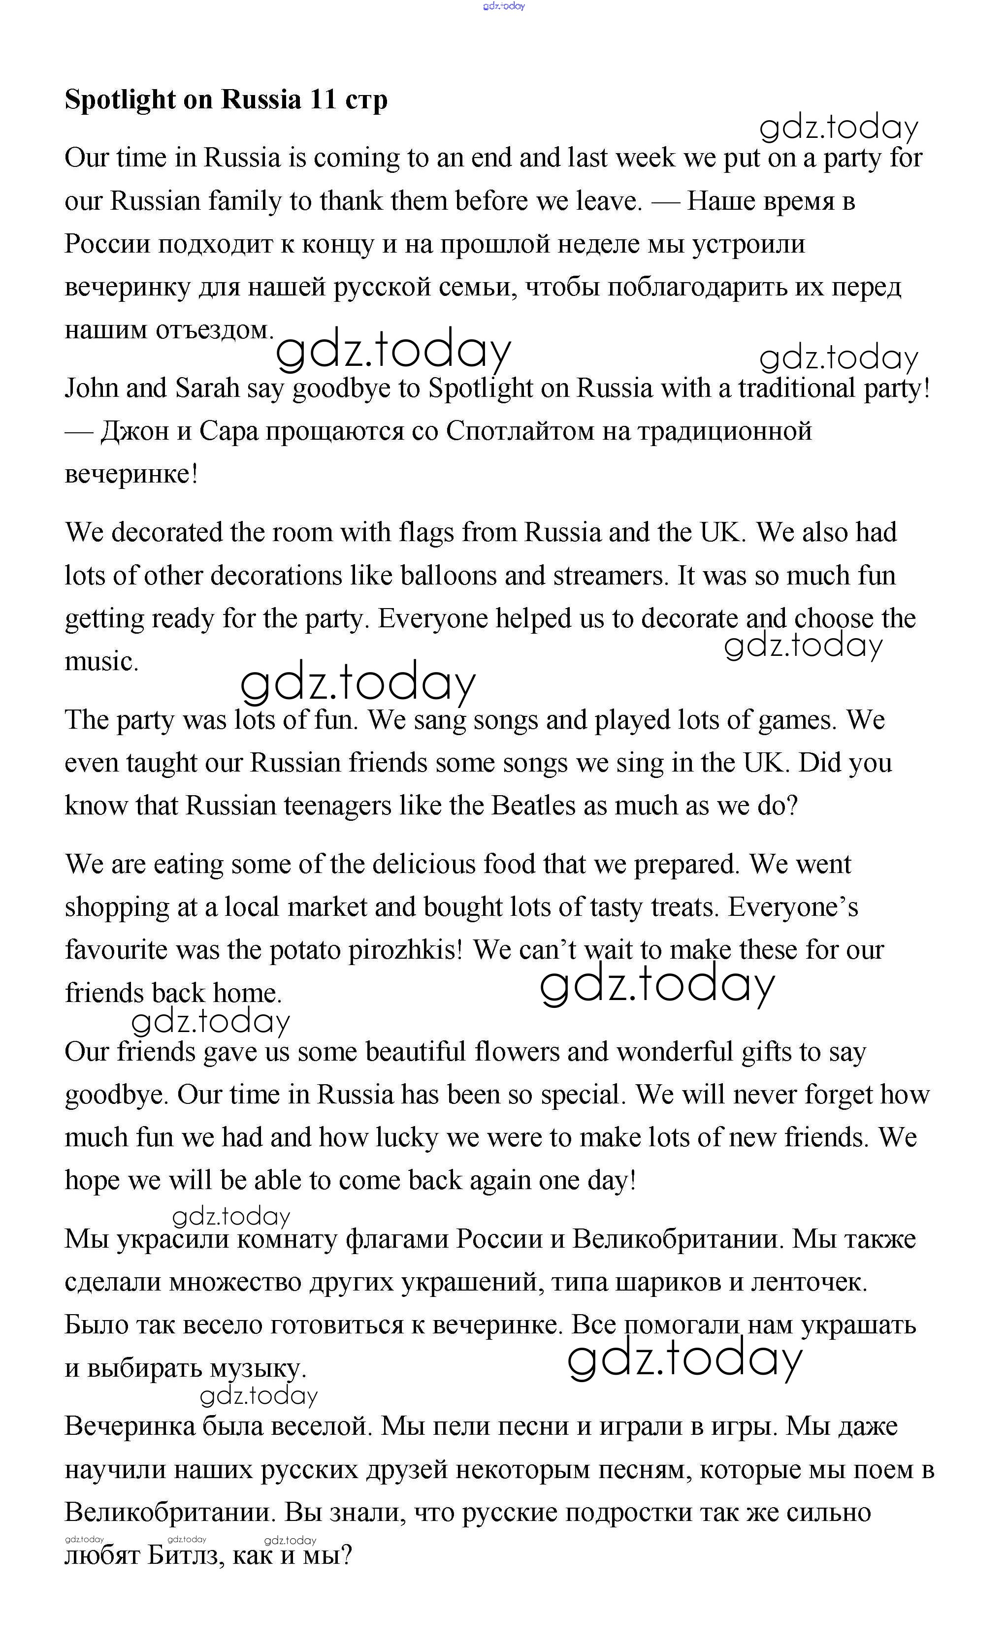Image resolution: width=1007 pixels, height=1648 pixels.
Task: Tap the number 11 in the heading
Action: coord(323,99)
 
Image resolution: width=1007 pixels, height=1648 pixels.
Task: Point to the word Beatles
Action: coord(533,806)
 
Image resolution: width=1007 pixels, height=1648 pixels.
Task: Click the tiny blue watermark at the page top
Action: coord(504,6)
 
